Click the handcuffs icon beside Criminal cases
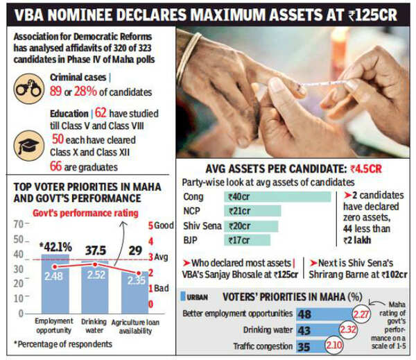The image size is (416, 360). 29,89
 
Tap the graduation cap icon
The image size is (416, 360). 29,146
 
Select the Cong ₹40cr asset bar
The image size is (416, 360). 277,197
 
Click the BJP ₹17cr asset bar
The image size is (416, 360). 247,240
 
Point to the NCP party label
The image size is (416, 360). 191,211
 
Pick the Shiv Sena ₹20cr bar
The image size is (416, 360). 251,226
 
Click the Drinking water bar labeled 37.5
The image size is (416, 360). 95,287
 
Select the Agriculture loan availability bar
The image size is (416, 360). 135,292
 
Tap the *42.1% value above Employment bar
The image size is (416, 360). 55,247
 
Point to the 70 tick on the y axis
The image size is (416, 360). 19,224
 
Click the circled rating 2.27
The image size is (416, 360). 361,314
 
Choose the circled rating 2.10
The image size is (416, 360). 334,345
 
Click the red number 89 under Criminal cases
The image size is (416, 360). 55,91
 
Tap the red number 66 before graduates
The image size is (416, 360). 55,166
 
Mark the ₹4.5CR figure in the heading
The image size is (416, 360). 366,169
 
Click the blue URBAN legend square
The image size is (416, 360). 183,296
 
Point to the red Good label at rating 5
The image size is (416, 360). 161,225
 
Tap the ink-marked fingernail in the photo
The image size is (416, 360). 300,89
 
